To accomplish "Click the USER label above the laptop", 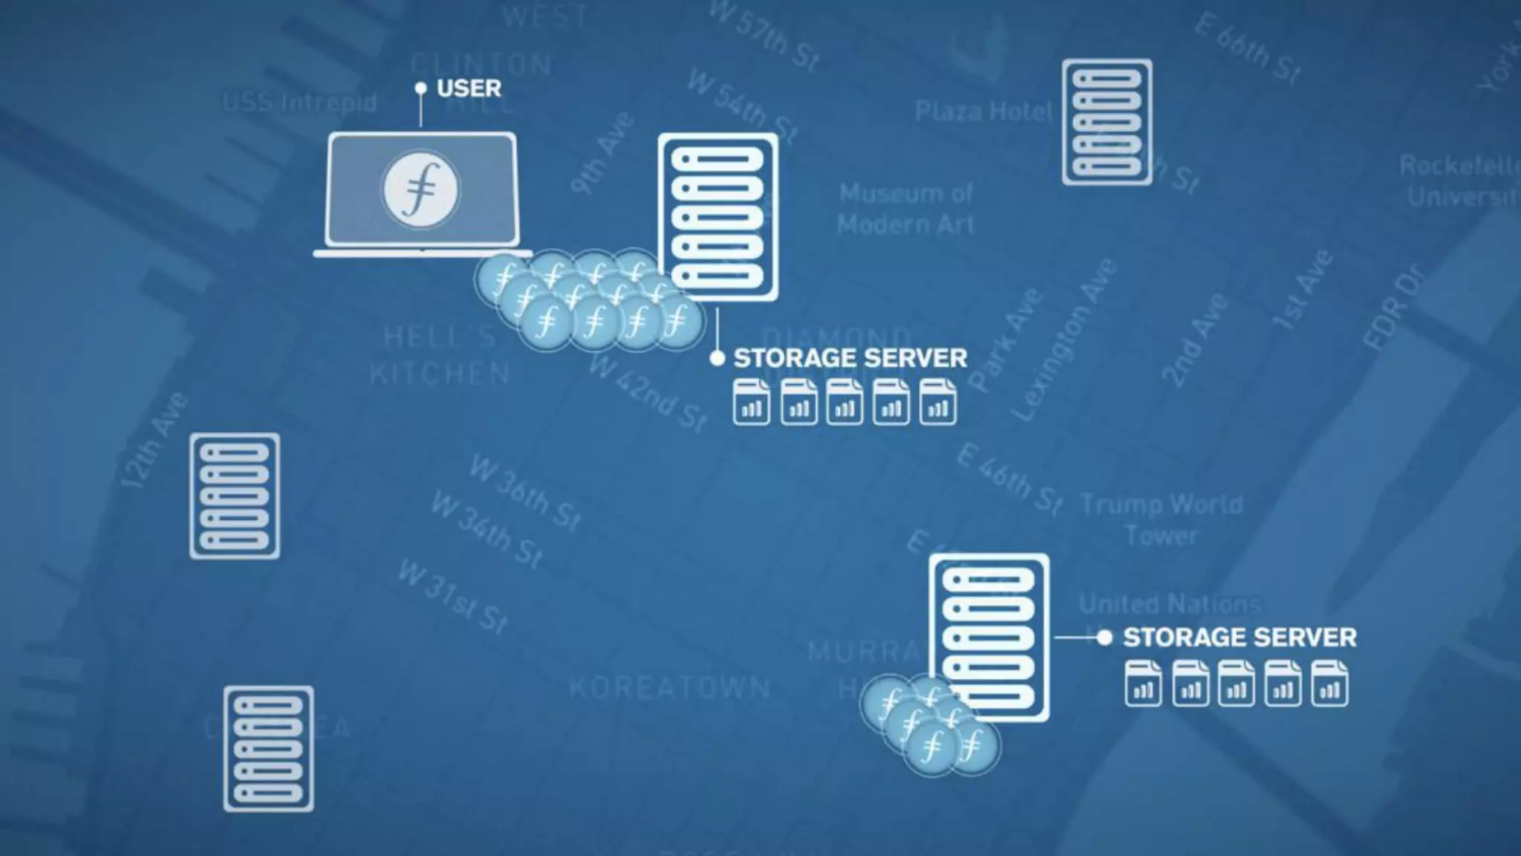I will click(x=469, y=88).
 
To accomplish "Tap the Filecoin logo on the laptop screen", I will click(x=420, y=189).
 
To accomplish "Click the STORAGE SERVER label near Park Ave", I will click(x=850, y=358).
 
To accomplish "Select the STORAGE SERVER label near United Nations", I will click(x=1239, y=638).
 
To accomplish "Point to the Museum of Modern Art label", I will click(x=906, y=209).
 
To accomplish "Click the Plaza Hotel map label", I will click(x=983, y=111).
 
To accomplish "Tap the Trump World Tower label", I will click(x=1162, y=519).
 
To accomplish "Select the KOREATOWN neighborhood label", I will click(x=669, y=687).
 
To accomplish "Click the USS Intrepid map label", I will click(x=299, y=102).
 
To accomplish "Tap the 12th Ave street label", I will click(x=154, y=440).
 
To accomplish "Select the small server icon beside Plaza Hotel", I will click(x=1107, y=122).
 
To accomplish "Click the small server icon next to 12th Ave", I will click(x=235, y=496).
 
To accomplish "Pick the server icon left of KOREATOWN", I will click(x=268, y=748).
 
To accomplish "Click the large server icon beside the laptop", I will click(x=717, y=217).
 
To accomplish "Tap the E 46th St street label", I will click(x=1009, y=479).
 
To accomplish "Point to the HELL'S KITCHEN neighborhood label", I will click(x=440, y=355).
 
